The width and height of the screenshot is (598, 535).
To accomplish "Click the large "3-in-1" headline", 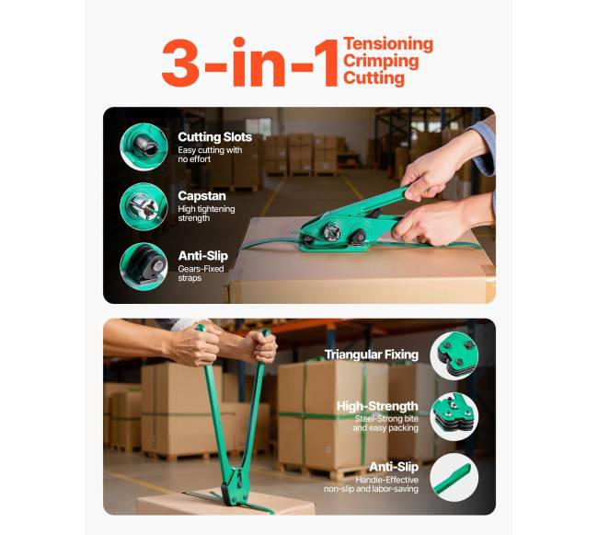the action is pyautogui.click(x=250, y=62).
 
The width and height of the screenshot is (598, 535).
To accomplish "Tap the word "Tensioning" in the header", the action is pyautogui.click(x=388, y=44).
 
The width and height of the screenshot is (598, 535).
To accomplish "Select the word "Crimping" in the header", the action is pyautogui.click(x=381, y=62).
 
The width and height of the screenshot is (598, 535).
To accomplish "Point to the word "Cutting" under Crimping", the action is pyautogui.click(x=374, y=78).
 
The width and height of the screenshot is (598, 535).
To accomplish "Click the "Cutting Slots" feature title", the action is pyautogui.click(x=214, y=137).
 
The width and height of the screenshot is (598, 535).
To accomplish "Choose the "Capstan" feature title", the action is pyautogui.click(x=201, y=196).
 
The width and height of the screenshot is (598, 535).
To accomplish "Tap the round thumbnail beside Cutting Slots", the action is pyautogui.click(x=144, y=147).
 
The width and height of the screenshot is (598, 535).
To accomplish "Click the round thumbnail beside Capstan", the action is pyautogui.click(x=144, y=206).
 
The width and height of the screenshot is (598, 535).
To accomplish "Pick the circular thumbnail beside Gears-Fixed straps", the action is pyautogui.click(x=144, y=266).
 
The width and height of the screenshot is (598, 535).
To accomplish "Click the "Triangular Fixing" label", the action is pyautogui.click(x=372, y=355).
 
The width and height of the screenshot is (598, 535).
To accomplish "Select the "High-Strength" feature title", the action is pyautogui.click(x=377, y=406).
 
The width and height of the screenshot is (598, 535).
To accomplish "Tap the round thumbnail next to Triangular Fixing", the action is pyautogui.click(x=454, y=355).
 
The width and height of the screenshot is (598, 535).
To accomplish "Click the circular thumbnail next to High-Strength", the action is pyautogui.click(x=454, y=416).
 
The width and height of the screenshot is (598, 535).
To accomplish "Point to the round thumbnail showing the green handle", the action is pyautogui.click(x=454, y=477).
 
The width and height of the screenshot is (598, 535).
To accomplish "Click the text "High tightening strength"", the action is pyautogui.click(x=206, y=214).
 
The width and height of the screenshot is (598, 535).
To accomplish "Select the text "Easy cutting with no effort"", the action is pyautogui.click(x=210, y=155).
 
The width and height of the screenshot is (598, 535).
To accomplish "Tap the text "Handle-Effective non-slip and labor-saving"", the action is pyautogui.click(x=371, y=484).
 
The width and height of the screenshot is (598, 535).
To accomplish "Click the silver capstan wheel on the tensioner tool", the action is pyautogui.click(x=330, y=231).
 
